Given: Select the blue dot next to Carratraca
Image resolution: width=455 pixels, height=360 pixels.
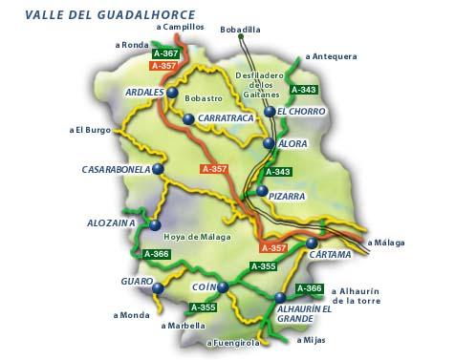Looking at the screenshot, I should pos(189,119).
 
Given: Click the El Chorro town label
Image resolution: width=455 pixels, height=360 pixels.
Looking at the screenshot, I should pos(303,113).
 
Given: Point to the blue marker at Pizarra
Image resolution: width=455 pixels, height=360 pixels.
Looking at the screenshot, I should pos(262,191).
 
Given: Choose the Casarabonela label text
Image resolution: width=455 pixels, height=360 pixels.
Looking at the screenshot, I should pos(116,169).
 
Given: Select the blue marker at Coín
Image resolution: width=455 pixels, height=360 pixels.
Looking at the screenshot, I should pos(223,286).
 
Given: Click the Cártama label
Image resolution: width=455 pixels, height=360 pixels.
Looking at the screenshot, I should pos(330,255).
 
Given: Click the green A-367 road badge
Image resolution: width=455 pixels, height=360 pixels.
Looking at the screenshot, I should pos(165,53).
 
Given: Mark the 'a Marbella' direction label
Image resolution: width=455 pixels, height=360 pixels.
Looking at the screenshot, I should pos(183,326).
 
